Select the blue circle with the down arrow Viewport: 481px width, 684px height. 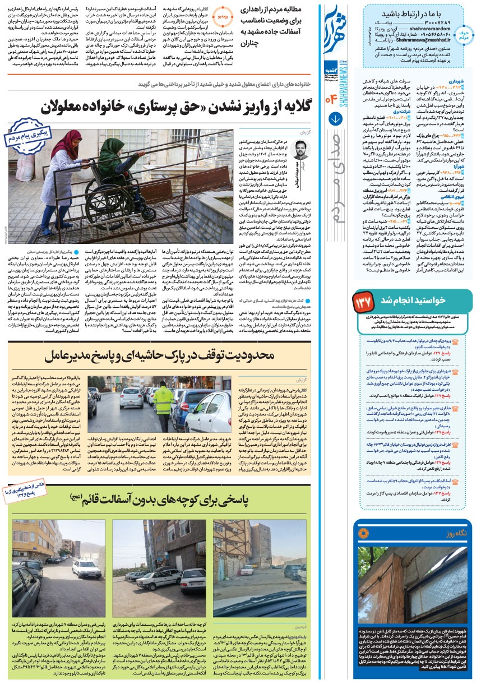pyautogui.click(x=336, y=119)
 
